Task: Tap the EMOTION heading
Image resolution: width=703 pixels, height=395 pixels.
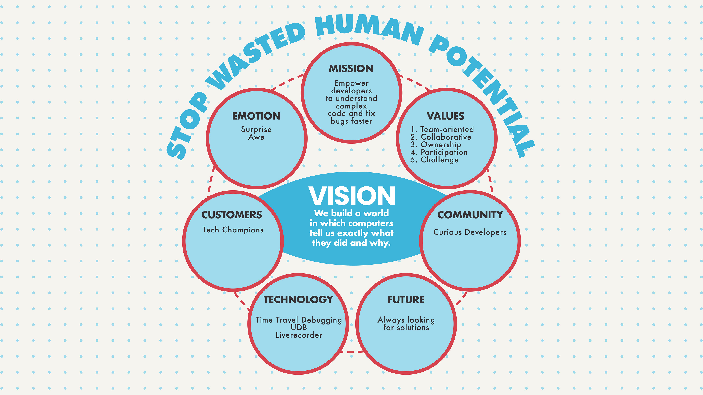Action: (256, 116)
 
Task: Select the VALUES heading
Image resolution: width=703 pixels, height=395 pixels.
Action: (445, 116)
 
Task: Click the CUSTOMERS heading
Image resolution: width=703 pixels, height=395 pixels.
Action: (232, 215)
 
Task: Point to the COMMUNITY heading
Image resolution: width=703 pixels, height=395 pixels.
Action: (470, 215)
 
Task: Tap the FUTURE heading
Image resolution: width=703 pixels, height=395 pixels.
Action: (406, 300)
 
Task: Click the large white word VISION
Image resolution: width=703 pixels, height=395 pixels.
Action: (352, 196)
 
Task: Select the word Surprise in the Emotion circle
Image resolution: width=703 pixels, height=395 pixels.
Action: (256, 129)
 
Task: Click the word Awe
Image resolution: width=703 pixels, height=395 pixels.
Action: (256, 137)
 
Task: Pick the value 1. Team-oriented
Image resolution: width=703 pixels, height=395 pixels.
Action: (442, 129)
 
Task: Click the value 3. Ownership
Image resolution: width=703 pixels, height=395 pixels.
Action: (436, 145)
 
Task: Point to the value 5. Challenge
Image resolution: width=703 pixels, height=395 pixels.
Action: (434, 160)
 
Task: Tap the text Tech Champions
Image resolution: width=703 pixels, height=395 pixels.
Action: (233, 230)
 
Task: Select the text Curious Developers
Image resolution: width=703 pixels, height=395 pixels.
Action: (470, 232)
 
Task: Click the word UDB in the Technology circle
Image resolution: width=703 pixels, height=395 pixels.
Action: (299, 327)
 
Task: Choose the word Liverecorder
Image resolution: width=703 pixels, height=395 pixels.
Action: (299, 335)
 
